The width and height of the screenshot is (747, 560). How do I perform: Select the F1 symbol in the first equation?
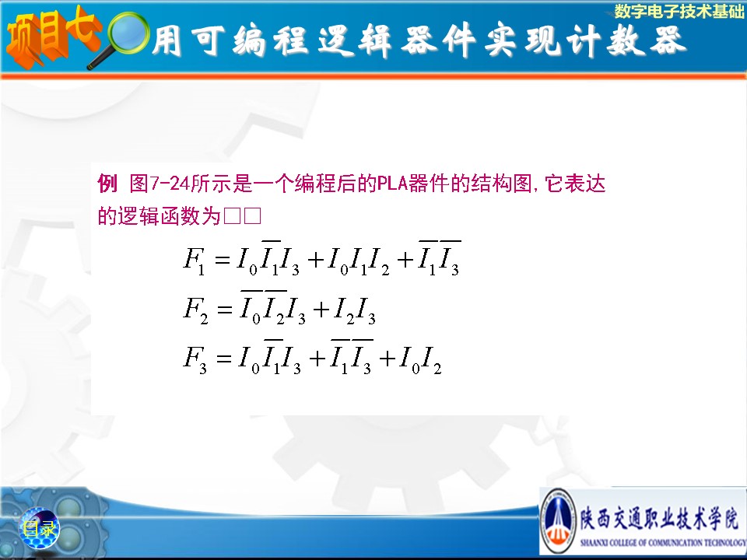[195, 261]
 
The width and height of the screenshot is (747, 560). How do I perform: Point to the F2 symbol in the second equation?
[195, 310]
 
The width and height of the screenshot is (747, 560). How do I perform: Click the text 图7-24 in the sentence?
[160, 183]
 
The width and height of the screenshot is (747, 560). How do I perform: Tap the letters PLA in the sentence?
[392, 183]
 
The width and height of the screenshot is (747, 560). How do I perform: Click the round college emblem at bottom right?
[559, 520]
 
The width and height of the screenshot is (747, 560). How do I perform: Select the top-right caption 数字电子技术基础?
[679, 11]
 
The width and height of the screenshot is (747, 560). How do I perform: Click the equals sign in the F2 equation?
[225, 310]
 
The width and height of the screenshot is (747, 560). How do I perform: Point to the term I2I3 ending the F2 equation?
[355, 311]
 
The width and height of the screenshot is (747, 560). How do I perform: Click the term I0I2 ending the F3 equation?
[420, 359]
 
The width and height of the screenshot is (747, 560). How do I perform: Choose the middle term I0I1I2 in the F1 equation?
[358, 261]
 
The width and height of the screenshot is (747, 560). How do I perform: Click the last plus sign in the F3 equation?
[388, 359]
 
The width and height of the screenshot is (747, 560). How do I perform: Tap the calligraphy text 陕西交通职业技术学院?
[659, 519]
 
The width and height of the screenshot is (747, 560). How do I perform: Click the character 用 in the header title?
[167, 40]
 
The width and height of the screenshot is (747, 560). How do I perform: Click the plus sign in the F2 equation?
[321, 310]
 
